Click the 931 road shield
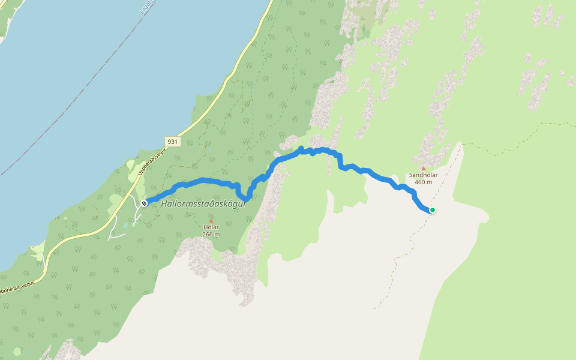[x=173, y=142]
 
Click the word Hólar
[x=211, y=227]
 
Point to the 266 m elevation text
[x=211, y=234]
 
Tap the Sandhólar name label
[x=423, y=175]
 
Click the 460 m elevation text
[x=423, y=182]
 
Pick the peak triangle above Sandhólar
[x=423, y=169]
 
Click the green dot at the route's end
[x=432, y=210]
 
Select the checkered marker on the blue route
[x=144, y=204]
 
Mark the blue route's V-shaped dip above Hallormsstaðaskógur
[x=245, y=198]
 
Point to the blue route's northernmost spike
[x=301, y=148]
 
